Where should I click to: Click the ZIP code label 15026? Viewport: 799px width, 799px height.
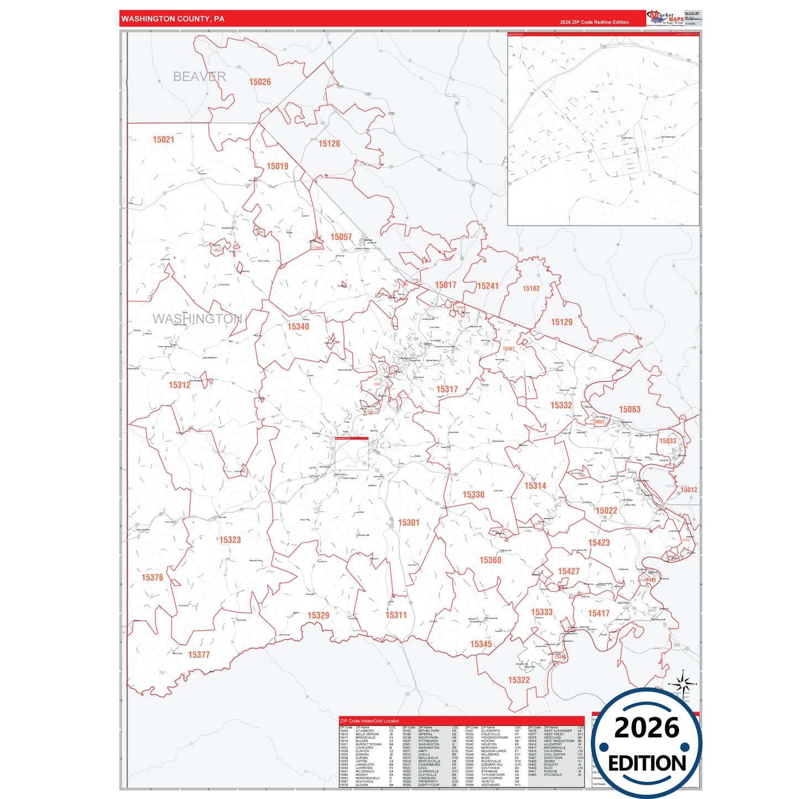(x=260, y=82)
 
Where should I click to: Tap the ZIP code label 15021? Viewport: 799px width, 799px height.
(x=163, y=140)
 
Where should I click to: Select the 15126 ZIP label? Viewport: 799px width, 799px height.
(x=329, y=144)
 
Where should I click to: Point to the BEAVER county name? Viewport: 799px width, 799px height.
(x=199, y=77)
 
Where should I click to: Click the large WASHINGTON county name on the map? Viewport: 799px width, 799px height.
(x=197, y=319)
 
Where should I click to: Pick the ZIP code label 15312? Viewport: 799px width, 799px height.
(x=180, y=385)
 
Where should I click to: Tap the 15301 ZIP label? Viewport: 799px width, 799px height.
(x=409, y=523)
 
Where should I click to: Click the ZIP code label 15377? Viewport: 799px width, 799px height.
(x=199, y=655)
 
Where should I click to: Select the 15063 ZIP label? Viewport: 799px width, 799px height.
(x=629, y=409)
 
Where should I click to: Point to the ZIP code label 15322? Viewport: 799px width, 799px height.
(x=519, y=680)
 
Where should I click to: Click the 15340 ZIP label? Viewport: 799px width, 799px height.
(x=298, y=327)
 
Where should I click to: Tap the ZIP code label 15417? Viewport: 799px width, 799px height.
(x=598, y=613)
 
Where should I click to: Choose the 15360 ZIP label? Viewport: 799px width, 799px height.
(x=490, y=560)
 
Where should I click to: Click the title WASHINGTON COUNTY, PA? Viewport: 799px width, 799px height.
(x=173, y=19)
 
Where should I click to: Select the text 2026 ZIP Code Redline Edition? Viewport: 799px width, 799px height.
(x=594, y=22)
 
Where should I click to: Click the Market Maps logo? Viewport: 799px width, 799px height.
(x=665, y=18)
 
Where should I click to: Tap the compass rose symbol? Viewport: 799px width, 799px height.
(x=683, y=685)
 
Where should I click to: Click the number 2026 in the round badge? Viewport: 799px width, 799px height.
(x=646, y=728)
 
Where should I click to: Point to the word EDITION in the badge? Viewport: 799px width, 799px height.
(x=647, y=764)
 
